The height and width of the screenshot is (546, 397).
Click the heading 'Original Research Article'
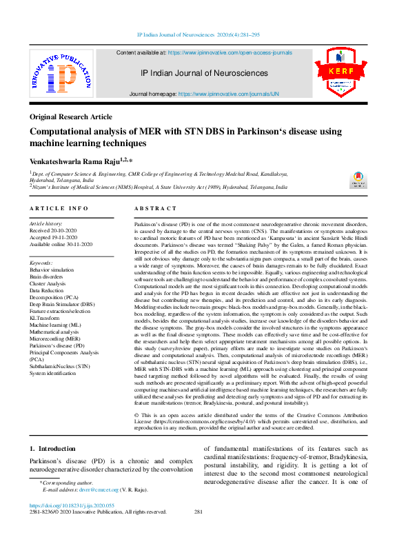pos(71,117)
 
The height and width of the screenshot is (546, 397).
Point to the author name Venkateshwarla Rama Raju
pos(77,160)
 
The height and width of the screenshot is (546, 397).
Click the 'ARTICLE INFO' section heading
pos(59,208)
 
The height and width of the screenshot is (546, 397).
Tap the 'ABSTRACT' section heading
pos(155,208)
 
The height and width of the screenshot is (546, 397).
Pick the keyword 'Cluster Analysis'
pos(48,283)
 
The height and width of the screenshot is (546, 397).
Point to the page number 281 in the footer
pos(198,512)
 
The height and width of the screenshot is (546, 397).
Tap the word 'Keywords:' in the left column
pos(42,263)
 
